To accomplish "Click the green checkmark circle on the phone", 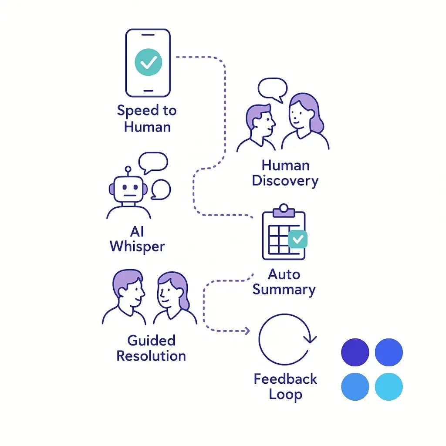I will coord(148,62).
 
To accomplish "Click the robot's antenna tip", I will coord(128,168).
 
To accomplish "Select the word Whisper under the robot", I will coord(137,246).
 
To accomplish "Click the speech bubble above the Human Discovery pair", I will coord(273,88).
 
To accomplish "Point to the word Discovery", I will coord(285,180).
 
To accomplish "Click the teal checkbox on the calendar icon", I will coord(298,239).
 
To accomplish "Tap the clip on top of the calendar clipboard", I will coord(284,209).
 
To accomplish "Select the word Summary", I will coord(284,290).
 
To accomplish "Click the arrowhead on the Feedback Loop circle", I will coord(311,338).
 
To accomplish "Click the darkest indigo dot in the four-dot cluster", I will coord(355,352).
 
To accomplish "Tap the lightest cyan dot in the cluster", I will coord(389,386).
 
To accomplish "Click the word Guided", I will coord(151,340).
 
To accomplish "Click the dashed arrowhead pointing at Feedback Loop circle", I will coord(247,331).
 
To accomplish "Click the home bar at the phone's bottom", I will coord(148,91).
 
